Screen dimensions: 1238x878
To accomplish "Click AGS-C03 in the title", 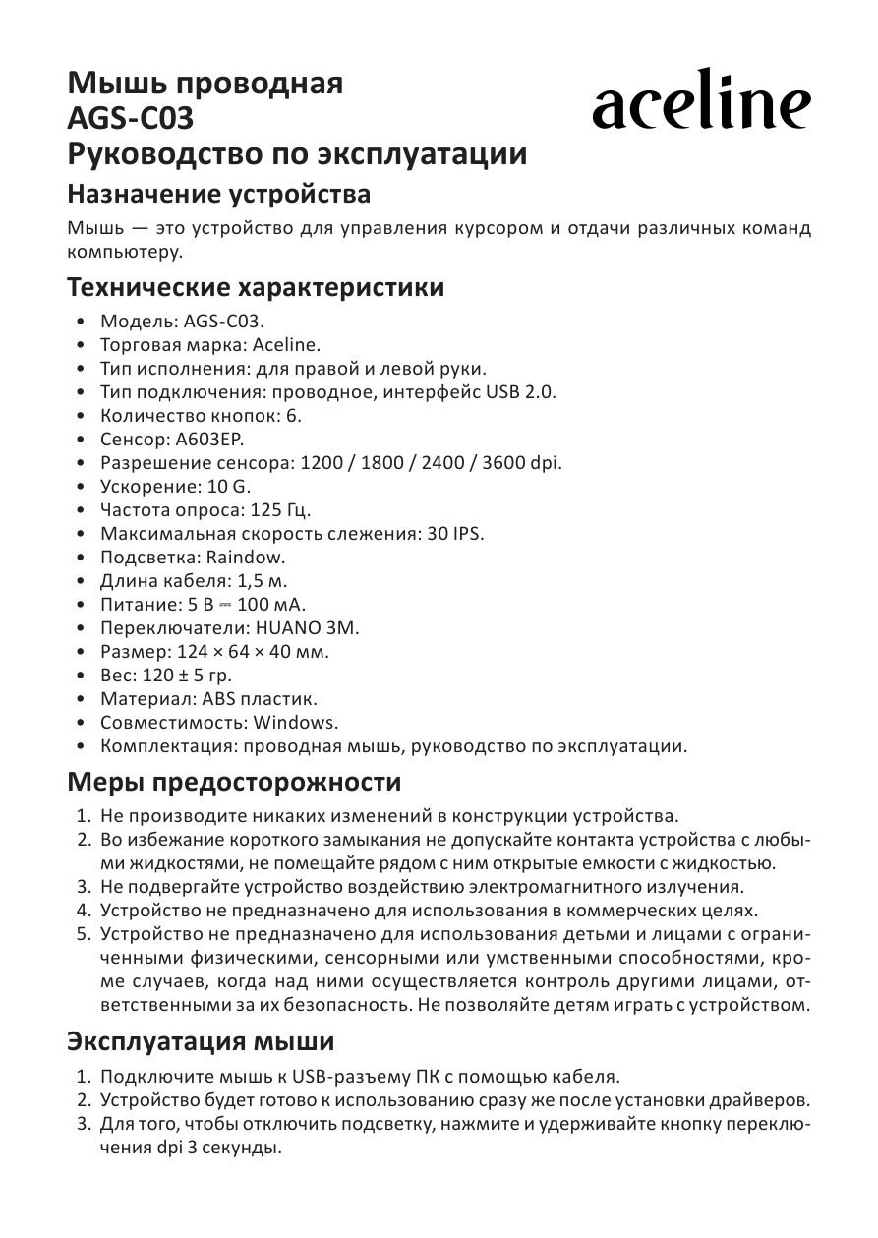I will coord(130,120).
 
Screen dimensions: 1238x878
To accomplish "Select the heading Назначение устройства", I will coord(218,194).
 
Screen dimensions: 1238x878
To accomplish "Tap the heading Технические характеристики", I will coord(255,288).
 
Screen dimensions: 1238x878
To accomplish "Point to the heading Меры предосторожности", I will coord(234,783).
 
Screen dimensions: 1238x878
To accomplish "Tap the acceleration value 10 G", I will coord(229,486).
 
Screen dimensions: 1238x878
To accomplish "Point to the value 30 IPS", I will coord(454,533).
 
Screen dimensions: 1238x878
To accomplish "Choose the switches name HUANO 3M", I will coord(308,627).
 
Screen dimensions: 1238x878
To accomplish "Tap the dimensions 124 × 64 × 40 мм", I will coord(253,652).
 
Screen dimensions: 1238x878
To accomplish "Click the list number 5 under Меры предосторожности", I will coord(84,932).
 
